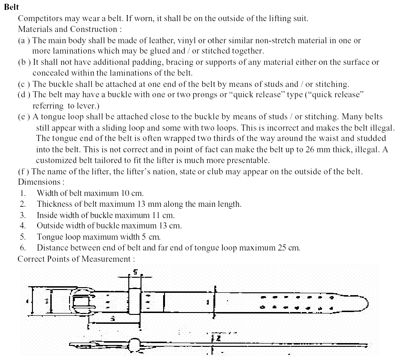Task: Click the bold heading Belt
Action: coord(11,8)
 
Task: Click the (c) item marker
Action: coord(24,84)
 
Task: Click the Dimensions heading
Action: coord(40,182)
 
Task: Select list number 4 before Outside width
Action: coord(23,226)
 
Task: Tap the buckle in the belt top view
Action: coord(85,301)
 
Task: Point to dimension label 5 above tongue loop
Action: coord(135,272)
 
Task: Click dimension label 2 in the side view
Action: coord(218,337)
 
